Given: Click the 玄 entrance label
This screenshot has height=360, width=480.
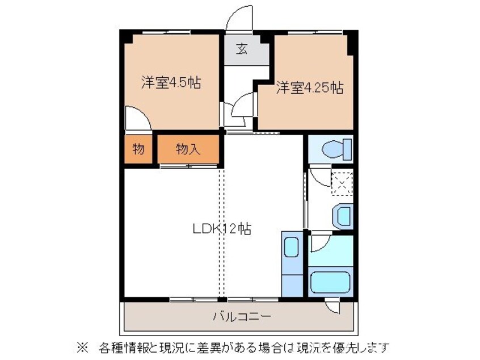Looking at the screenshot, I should coord(242,49).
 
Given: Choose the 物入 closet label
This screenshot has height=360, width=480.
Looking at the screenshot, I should coord(187,149).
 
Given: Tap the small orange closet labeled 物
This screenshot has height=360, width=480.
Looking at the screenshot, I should coord(138,149).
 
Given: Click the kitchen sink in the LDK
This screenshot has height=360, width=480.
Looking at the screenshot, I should coord(291,248).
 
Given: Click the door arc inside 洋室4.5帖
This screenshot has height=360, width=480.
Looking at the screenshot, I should coord(138,119).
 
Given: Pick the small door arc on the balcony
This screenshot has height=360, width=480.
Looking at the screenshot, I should coord(333,307).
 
